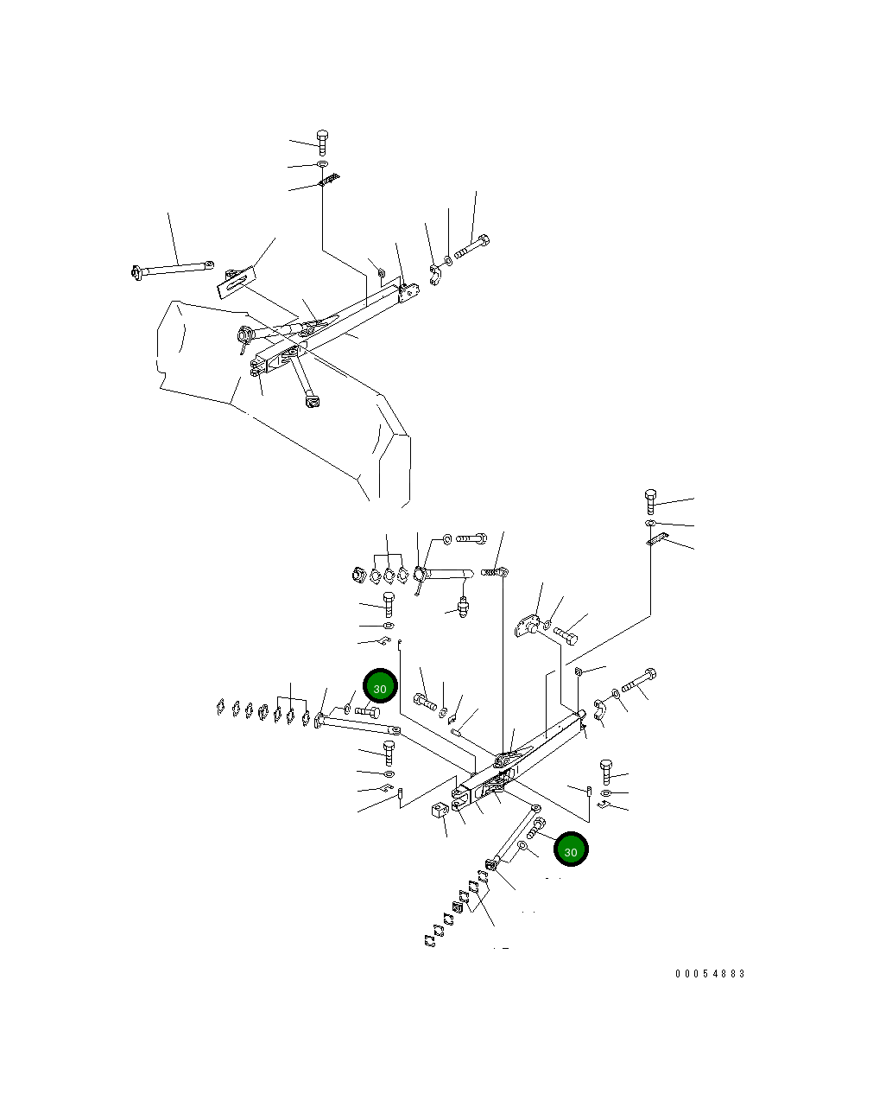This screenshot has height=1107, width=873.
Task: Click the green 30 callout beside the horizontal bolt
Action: click(x=380, y=685)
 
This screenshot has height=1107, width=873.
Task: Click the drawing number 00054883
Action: click(x=710, y=973)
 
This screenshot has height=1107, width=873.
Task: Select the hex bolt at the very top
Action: click(x=322, y=143)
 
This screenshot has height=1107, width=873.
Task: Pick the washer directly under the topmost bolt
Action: click(x=322, y=164)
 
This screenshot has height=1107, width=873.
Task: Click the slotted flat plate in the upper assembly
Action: click(x=237, y=282)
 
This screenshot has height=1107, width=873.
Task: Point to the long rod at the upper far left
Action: click(x=172, y=269)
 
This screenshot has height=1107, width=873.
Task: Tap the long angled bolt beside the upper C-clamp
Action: click(x=472, y=247)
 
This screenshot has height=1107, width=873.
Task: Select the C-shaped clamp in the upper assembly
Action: click(x=436, y=275)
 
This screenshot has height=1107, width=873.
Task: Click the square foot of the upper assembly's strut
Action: click(x=312, y=401)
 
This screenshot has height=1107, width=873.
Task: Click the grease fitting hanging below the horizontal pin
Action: click(x=463, y=607)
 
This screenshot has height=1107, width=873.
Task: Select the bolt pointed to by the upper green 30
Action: click(x=368, y=712)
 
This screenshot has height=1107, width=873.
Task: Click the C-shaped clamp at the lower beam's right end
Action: click(x=600, y=709)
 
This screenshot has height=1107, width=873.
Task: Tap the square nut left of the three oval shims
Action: click(x=357, y=575)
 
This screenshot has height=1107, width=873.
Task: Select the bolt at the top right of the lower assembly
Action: click(x=650, y=501)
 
